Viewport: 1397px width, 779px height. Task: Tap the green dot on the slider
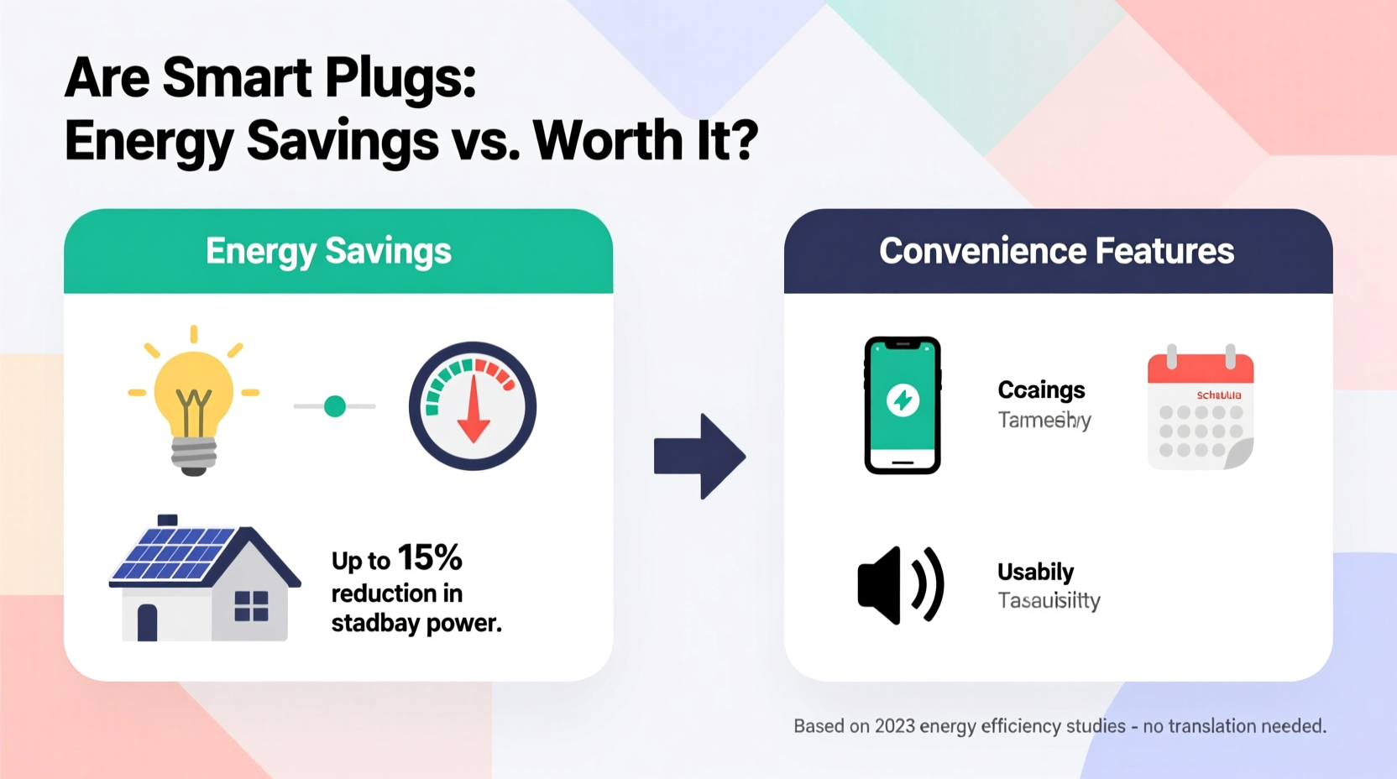coord(335,406)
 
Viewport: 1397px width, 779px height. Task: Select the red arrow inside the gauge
coord(474,411)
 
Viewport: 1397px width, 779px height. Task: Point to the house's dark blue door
coord(148,622)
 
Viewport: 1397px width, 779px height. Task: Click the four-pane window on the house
coord(251,605)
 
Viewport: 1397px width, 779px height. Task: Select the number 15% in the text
coord(430,558)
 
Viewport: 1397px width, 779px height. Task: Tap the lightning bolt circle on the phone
coord(903,400)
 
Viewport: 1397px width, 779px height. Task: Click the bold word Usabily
coord(1035,572)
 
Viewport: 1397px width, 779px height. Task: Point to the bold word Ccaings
coord(1041,390)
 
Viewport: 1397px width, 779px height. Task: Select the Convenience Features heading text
coord(1056,251)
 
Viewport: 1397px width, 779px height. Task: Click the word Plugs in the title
coord(400,78)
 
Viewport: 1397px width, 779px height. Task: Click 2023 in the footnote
coord(895,726)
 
